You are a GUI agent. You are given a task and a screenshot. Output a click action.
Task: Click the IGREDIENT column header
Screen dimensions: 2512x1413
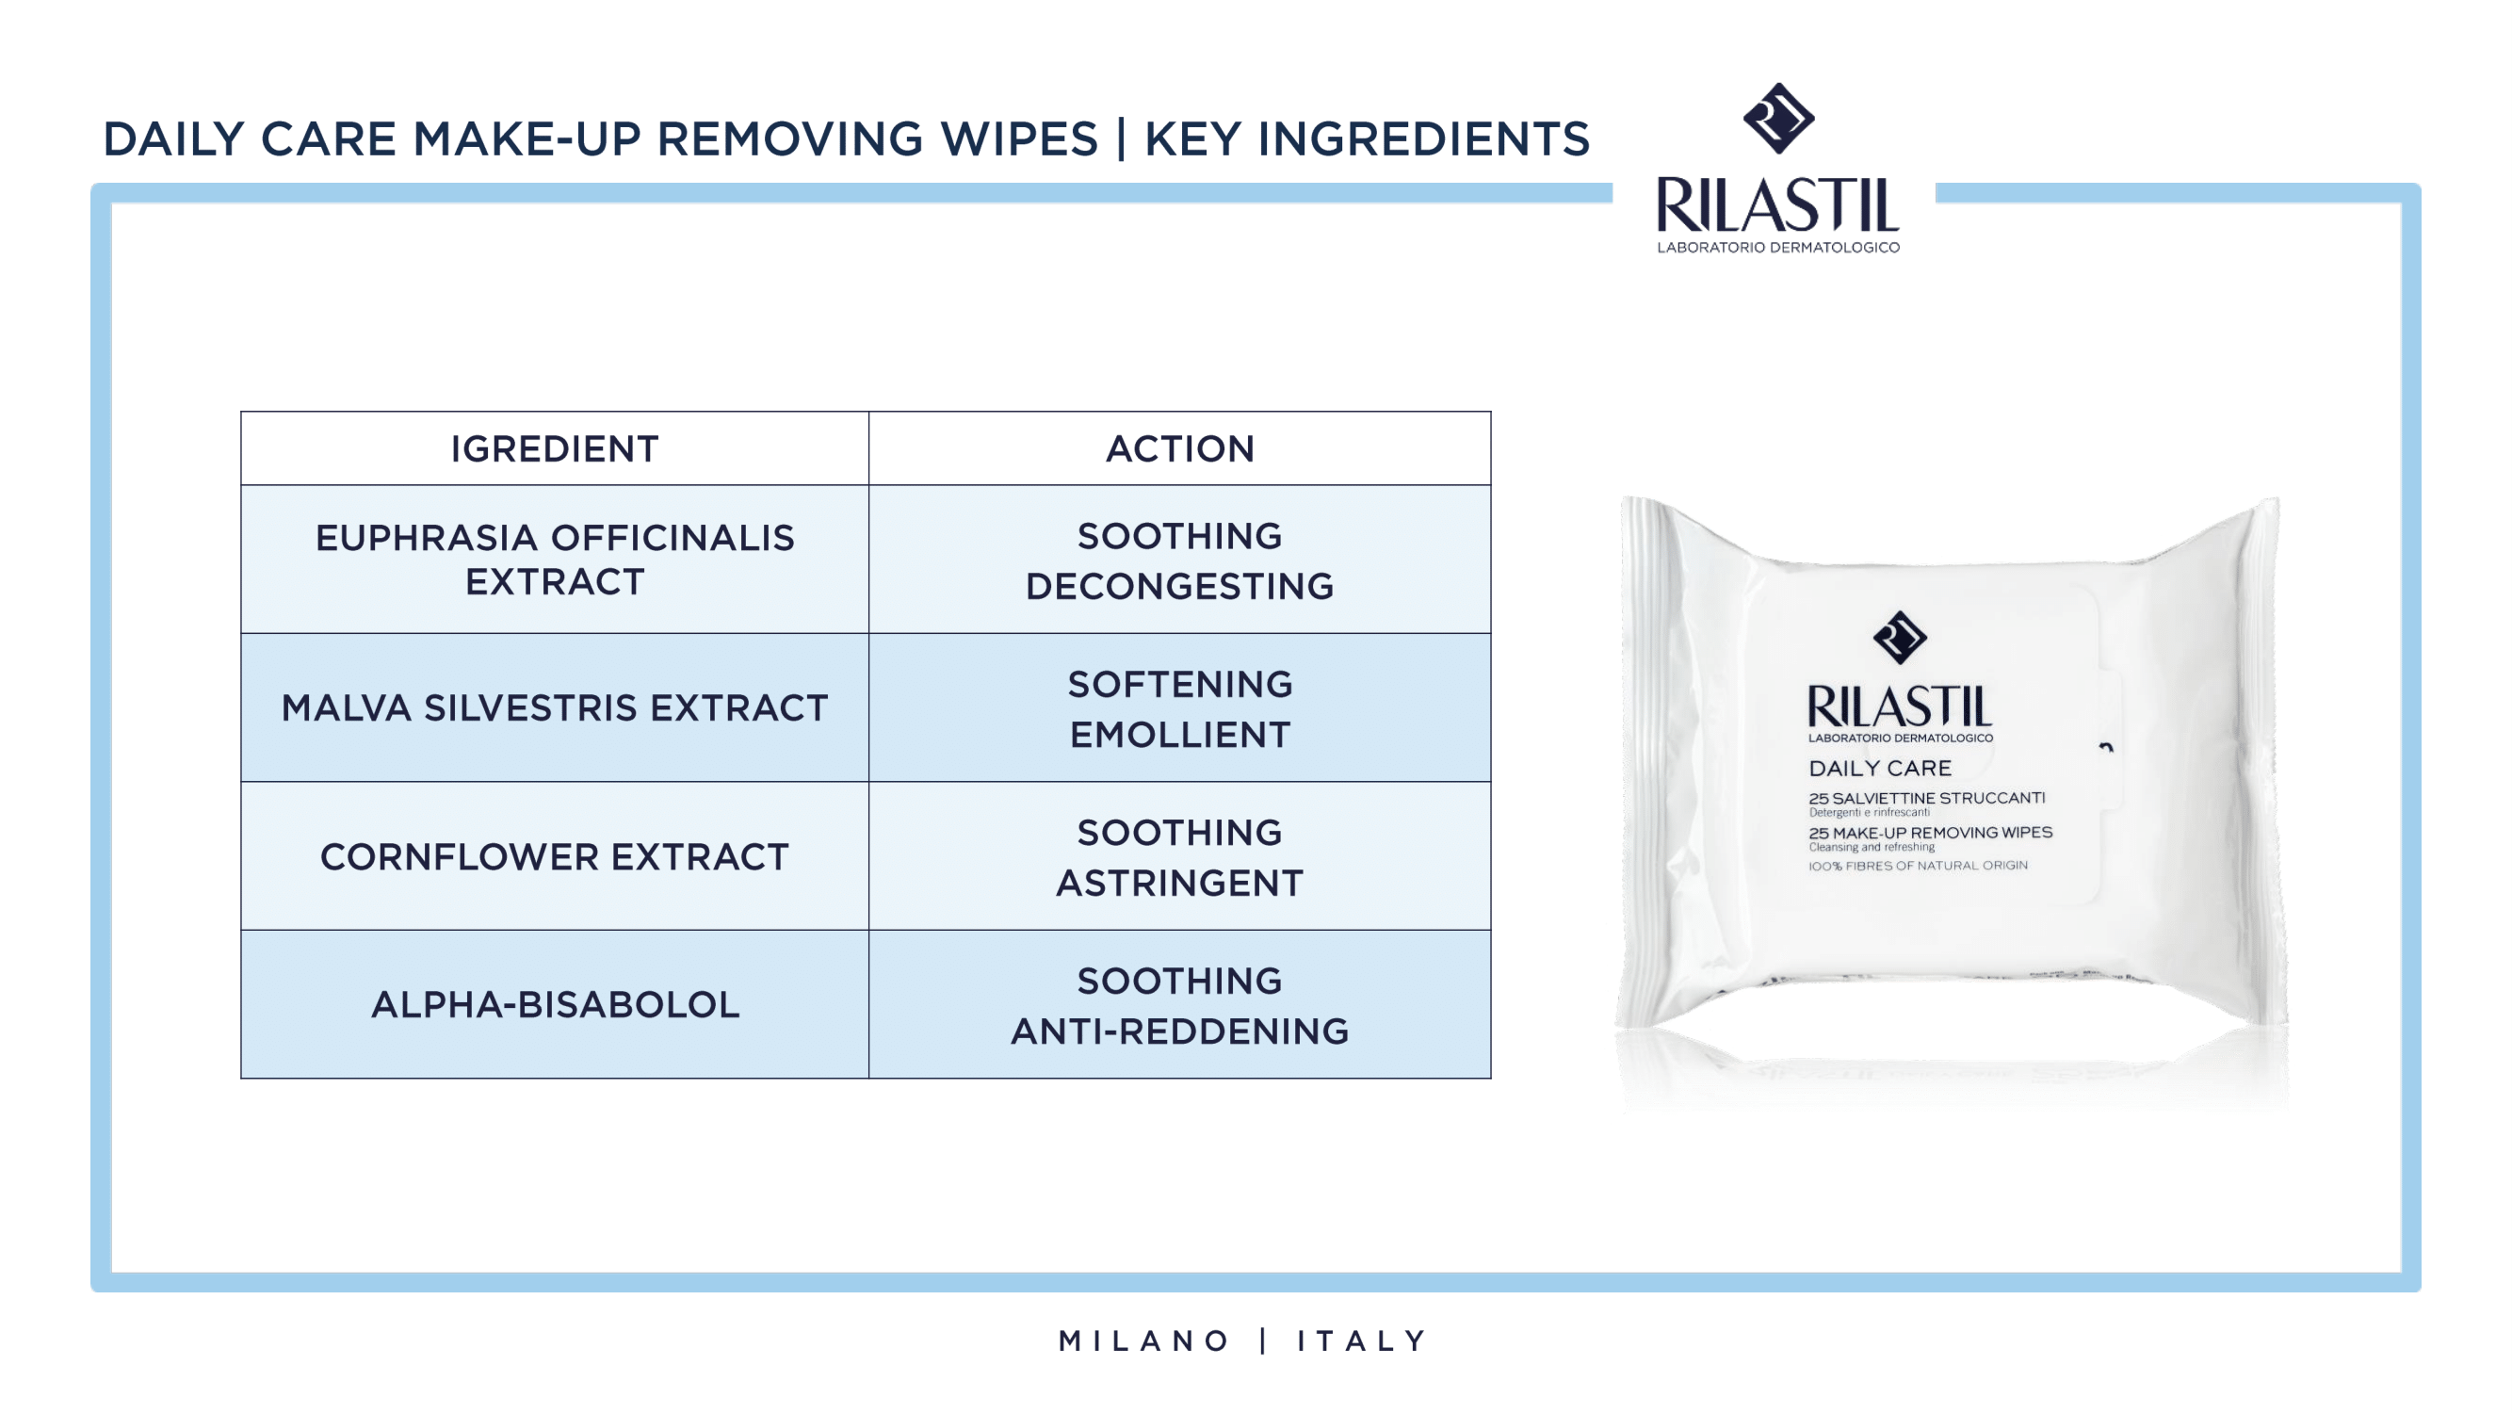tap(554, 448)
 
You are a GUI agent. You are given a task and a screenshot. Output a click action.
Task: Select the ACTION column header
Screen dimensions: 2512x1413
tap(1180, 448)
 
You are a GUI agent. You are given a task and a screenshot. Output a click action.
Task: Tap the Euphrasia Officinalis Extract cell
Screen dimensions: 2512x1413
tap(554, 559)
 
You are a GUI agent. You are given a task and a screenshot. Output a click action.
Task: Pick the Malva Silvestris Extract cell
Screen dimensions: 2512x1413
tap(554, 708)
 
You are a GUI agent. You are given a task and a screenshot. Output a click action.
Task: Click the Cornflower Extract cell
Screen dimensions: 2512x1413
tap(554, 856)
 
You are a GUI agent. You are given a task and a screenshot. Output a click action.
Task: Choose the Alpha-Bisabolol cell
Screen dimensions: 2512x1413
tap(555, 1004)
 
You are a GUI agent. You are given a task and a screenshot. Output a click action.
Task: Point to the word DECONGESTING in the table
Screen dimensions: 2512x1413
tap(1180, 586)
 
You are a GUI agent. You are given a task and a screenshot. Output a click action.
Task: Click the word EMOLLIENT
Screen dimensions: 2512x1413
tap(1180, 735)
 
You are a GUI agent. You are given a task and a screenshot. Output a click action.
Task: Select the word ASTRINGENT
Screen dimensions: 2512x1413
tap(1180, 883)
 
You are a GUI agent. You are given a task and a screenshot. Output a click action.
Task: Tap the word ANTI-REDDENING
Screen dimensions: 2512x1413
tap(1180, 1031)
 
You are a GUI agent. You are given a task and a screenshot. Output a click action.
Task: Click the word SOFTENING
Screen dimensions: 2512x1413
tap(1180, 684)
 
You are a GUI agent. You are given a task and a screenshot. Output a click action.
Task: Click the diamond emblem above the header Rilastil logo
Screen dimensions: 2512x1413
tap(1778, 118)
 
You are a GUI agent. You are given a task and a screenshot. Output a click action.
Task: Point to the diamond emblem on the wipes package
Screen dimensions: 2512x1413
tap(1900, 638)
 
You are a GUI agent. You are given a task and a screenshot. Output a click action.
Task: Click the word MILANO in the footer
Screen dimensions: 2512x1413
tap(1143, 1340)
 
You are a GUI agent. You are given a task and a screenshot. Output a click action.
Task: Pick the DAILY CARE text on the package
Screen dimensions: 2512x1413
tap(1880, 769)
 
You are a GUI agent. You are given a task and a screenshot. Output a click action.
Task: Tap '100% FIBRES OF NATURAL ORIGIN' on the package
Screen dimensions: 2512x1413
tap(1918, 865)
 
